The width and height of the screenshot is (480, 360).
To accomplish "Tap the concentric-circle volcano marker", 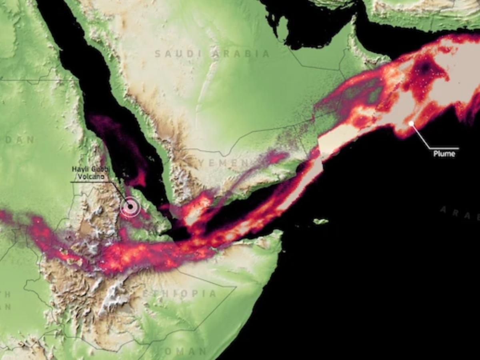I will click(x=130, y=207).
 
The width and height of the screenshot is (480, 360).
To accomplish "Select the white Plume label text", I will click(x=444, y=154).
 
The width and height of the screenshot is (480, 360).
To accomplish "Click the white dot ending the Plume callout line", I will click(x=411, y=123).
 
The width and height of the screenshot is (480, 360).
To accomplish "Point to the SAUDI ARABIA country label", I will click(x=212, y=54).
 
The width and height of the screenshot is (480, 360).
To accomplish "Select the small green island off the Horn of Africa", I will click(x=321, y=221).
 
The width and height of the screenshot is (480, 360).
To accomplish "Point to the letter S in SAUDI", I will click(x=157, y=54).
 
